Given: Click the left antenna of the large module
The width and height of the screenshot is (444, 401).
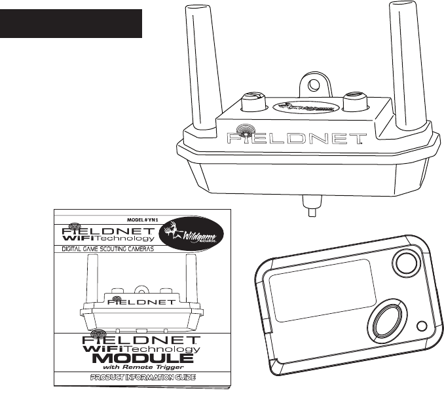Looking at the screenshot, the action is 200,66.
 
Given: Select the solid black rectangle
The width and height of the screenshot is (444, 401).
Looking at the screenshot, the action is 71,24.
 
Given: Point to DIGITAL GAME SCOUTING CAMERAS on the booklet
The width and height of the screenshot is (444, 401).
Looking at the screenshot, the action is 113,250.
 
